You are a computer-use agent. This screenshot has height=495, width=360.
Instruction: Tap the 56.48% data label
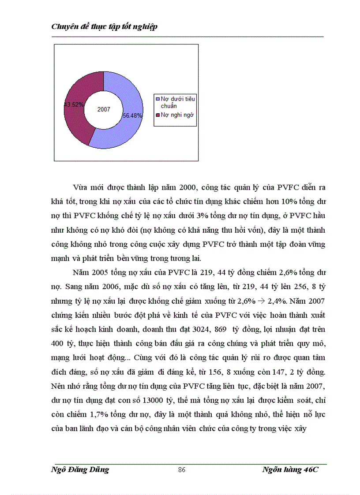(x=132, y=115)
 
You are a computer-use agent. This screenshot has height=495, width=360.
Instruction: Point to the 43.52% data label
(x=74, y=104)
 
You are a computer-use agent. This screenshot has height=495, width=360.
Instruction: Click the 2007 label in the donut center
(x=104, y=109)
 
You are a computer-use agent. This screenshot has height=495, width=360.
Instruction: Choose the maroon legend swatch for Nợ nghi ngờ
(x=157, y=115)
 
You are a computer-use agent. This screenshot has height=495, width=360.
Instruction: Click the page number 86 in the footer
(x=181, y=470)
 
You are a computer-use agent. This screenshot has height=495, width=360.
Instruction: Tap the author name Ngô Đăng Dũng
(x=80, y=469)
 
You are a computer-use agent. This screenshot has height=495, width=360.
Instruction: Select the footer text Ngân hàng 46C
(x=290, y=469)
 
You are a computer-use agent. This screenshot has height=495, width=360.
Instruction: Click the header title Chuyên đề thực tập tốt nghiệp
(x=105, y=26)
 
